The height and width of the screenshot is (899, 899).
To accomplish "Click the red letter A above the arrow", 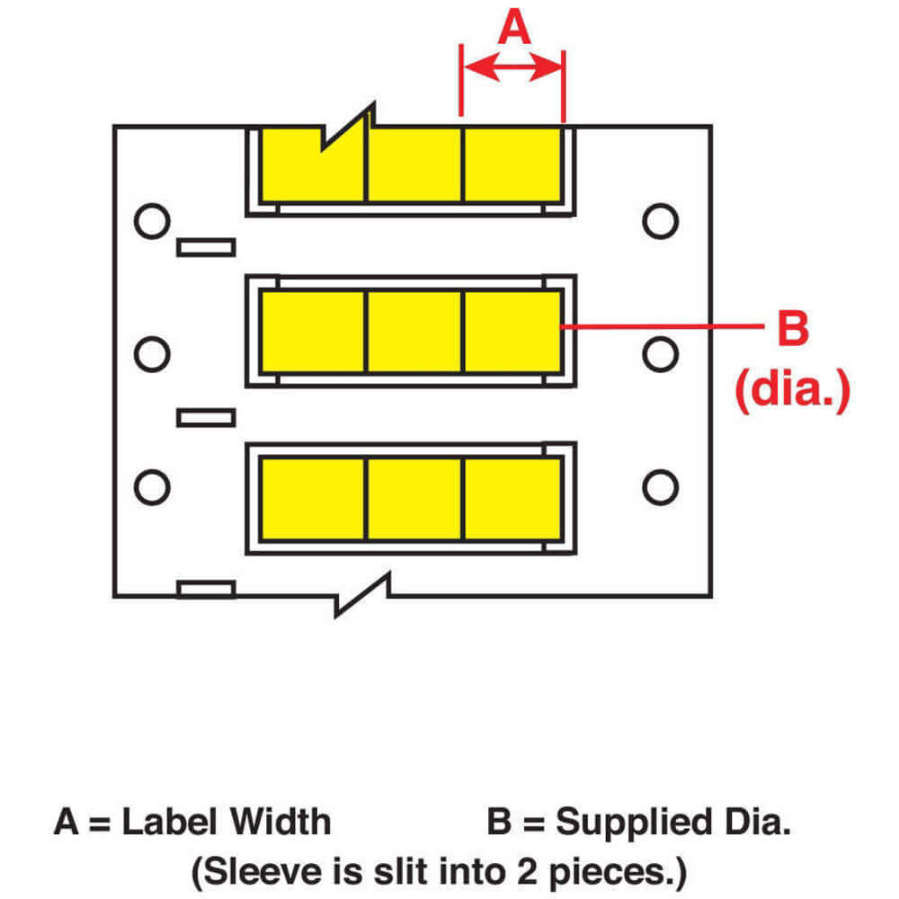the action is coord(513,27).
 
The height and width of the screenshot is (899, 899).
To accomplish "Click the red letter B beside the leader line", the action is coord(793,328).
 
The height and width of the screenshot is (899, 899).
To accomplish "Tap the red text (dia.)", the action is coord(792,389).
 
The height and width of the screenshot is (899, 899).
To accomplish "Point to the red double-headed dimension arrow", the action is coord(512,67).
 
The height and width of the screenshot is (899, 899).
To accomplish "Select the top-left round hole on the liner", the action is coord(152,221).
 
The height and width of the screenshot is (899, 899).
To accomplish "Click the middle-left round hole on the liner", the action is coord(152,354).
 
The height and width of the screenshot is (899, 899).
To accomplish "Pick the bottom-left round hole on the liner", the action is coord(152,487).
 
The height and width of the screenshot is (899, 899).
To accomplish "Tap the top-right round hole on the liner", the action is coord(661,221).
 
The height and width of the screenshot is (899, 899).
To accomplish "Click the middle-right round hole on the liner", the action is coord(661,354).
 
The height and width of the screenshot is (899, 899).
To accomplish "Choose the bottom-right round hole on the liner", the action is coord(661,487).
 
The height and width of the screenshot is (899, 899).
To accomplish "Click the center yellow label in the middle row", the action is coord(414,332).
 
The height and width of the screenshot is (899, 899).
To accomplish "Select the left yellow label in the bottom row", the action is coord(312,498).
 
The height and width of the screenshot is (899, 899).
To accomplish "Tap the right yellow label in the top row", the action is coord(512,165).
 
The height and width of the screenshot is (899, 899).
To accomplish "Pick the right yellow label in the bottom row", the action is coord(512,498).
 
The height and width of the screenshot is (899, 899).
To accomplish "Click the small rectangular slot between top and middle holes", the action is coord(206,248).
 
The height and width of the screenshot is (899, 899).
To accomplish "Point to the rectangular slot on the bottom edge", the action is coord(206,590).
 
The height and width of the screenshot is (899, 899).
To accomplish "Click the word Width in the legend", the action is coord(280,822).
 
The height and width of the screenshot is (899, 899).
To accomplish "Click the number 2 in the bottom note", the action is coord(527,871).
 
